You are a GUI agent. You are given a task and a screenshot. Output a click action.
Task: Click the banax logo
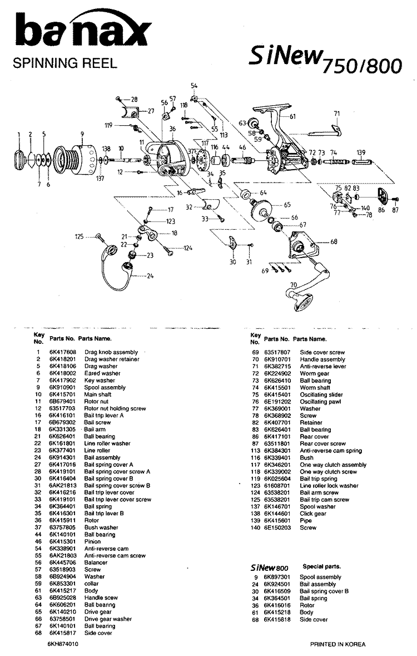[83, 31]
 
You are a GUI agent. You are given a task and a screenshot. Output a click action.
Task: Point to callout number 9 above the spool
[82, 134]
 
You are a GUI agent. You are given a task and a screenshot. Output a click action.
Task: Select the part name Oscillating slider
[321, 394]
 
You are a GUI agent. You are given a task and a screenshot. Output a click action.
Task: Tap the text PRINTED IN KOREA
[338, 644]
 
